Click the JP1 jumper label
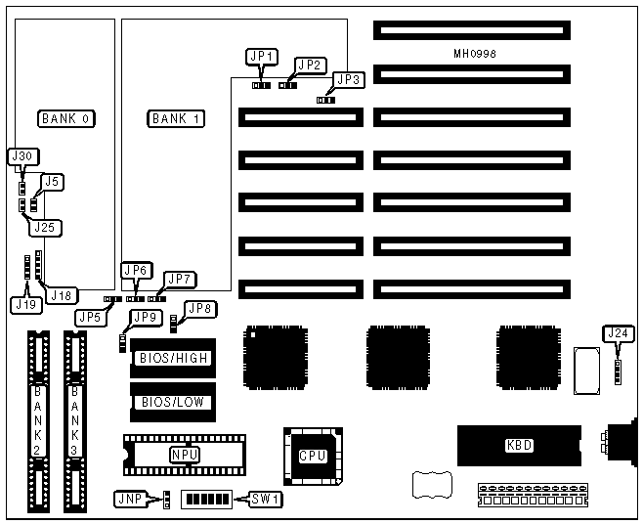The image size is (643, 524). [263, 57]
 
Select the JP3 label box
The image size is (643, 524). [347, 80]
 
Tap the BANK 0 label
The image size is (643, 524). [65, 118]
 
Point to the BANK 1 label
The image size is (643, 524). [176, 118]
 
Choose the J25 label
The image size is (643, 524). [45, 227]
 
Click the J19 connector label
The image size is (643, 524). [26, 304]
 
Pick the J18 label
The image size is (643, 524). [63, 294]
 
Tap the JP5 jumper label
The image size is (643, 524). [90, 318]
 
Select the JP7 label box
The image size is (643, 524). [180, 280]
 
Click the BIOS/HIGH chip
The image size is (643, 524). [174, 358]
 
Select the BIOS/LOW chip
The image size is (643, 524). [174, 401]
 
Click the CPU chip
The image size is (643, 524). [312, 455]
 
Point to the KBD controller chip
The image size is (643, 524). [519, 445]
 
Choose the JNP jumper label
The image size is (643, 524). [129, 499]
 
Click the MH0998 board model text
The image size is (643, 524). [475, 54]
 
